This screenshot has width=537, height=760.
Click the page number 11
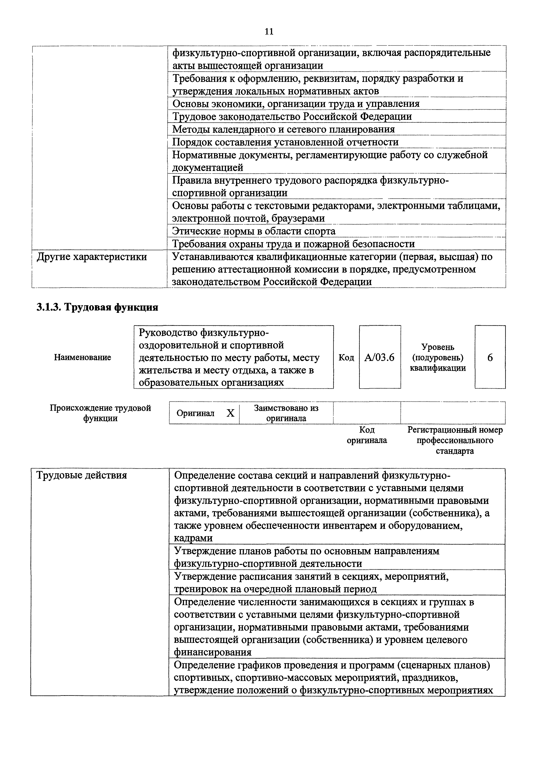pos(269,32)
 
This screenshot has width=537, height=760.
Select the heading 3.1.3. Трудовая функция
pos(97,307)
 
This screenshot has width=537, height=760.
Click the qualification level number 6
pos(490,357)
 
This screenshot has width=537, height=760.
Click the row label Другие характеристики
pos(92,257)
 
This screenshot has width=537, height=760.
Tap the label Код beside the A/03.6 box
pos(346,357)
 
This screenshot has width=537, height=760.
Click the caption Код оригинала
pos(367,435)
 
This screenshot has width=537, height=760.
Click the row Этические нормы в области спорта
pos(254,231)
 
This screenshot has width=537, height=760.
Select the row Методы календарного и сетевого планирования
pos(283,129)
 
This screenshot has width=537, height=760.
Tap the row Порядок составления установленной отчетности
pos(285,142)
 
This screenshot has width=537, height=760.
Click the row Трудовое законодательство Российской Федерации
pos(292,117)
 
